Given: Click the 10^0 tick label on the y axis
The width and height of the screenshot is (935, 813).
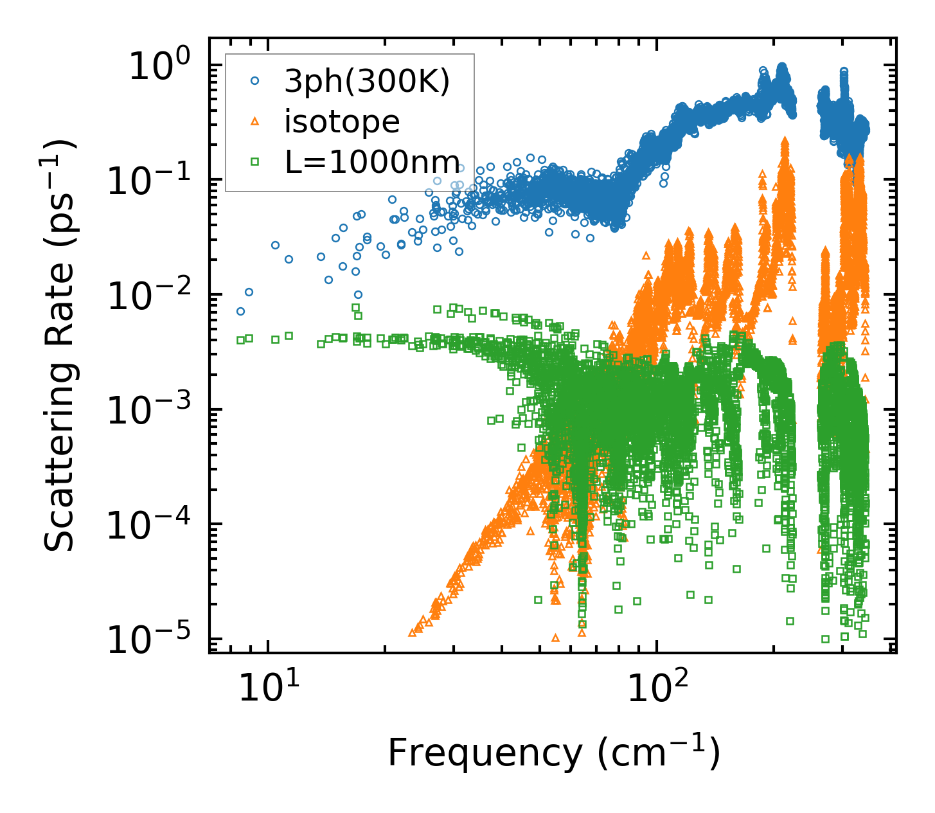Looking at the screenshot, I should pos(159,67).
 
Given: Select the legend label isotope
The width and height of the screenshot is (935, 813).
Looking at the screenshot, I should pos(343,121).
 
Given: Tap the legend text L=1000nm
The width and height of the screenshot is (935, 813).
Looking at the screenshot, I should pos(373,161).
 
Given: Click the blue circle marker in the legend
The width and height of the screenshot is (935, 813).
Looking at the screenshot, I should pos(254,82).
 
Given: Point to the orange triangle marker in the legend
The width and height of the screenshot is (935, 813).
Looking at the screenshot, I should pos(254,121).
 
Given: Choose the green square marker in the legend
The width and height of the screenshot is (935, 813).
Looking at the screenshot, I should pos(254,161).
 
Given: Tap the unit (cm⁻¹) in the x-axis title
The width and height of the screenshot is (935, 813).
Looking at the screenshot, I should pos(659,753).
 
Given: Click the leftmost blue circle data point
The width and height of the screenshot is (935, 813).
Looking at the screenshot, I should pos(240,311).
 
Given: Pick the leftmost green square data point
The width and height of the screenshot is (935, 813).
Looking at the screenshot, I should pos(240,340).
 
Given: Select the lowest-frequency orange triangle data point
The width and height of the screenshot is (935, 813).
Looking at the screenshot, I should pos(412,633).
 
